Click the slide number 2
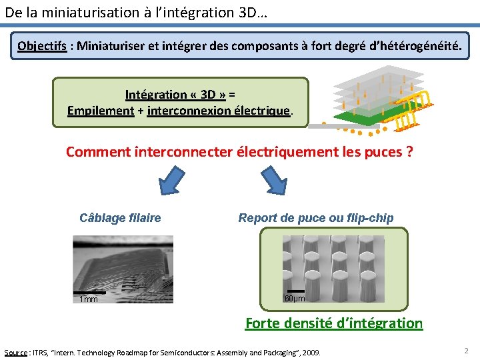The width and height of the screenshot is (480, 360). pyautogui.click(x=466, y=350)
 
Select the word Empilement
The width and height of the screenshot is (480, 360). pyautogui.click(x=101, y=111)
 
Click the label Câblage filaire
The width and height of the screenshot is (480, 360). pyautogui.click(x=120, y=218)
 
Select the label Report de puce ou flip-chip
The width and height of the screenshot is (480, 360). pyautogui.click(x=316, y=218)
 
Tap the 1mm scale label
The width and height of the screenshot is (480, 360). pyautogui.click(x=89, y=299)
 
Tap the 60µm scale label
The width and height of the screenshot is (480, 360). pyautogui.click(x=295, y=298)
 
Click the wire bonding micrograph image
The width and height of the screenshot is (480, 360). pyautogui.click(x=123, y=269)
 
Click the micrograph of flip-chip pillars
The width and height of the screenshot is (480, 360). pyautogui.click(x=333, y=270)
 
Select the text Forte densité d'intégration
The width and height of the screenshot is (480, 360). pyautogui.click(x=334, y=323)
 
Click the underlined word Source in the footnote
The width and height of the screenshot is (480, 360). pyautogui.click(x=16, y=352)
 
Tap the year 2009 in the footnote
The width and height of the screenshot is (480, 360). pyautogui.click(x=311, y=352)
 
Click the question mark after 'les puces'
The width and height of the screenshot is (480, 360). pyautogui.click(x=409, y=152)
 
